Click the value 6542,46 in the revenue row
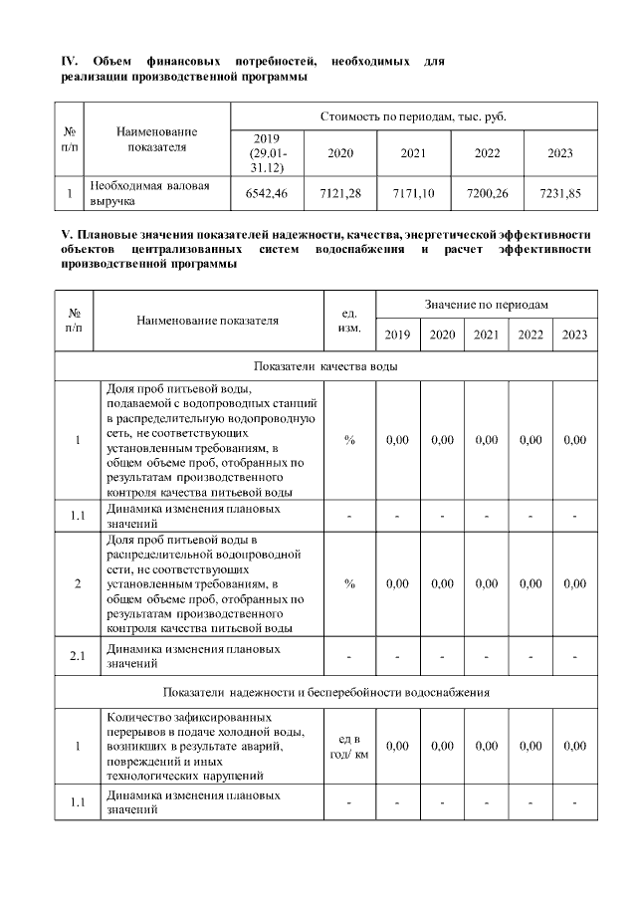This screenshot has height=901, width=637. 266,193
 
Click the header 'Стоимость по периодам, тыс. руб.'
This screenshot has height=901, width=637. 413,116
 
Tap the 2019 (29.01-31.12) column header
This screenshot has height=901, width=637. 266,153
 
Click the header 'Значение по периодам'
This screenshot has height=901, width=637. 486,303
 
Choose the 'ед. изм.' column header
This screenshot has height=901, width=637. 349,320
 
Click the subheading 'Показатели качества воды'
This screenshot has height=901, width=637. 325,366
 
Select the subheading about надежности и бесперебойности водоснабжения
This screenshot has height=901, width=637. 325,691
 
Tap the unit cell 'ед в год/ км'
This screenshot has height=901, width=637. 349,746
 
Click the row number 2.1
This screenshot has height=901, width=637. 78,656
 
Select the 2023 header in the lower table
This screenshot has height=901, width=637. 574,336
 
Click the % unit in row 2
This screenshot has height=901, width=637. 349,583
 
